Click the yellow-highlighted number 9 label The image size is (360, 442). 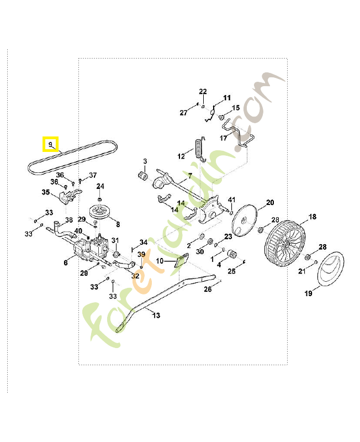pos(50,145)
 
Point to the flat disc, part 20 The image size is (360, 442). pos(245,220)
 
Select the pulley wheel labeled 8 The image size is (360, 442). pos(100,212)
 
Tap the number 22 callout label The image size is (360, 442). pos(203,92)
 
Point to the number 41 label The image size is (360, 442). pos(232,199)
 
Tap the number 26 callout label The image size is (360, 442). pos(208,289)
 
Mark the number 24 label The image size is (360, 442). pos(100,186)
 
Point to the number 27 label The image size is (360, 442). pos(184,113)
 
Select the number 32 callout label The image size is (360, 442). pos(135,276)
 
